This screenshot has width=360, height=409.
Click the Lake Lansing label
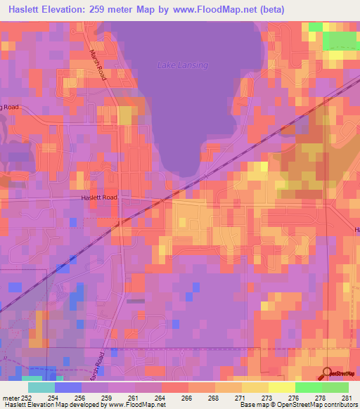[181, 65]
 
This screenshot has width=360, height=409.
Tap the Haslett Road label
[99, 197]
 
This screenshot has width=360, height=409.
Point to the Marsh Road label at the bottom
[100, 365]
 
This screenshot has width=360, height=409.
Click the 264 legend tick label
[160, 398]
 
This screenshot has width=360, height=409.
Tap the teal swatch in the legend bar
[41, 387]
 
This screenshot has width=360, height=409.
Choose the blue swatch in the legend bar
[68, 387]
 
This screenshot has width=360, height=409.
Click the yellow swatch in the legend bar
[281, 387]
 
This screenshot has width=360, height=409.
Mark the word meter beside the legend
[10, 398]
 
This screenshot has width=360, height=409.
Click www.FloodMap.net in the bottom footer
[132, 405]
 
